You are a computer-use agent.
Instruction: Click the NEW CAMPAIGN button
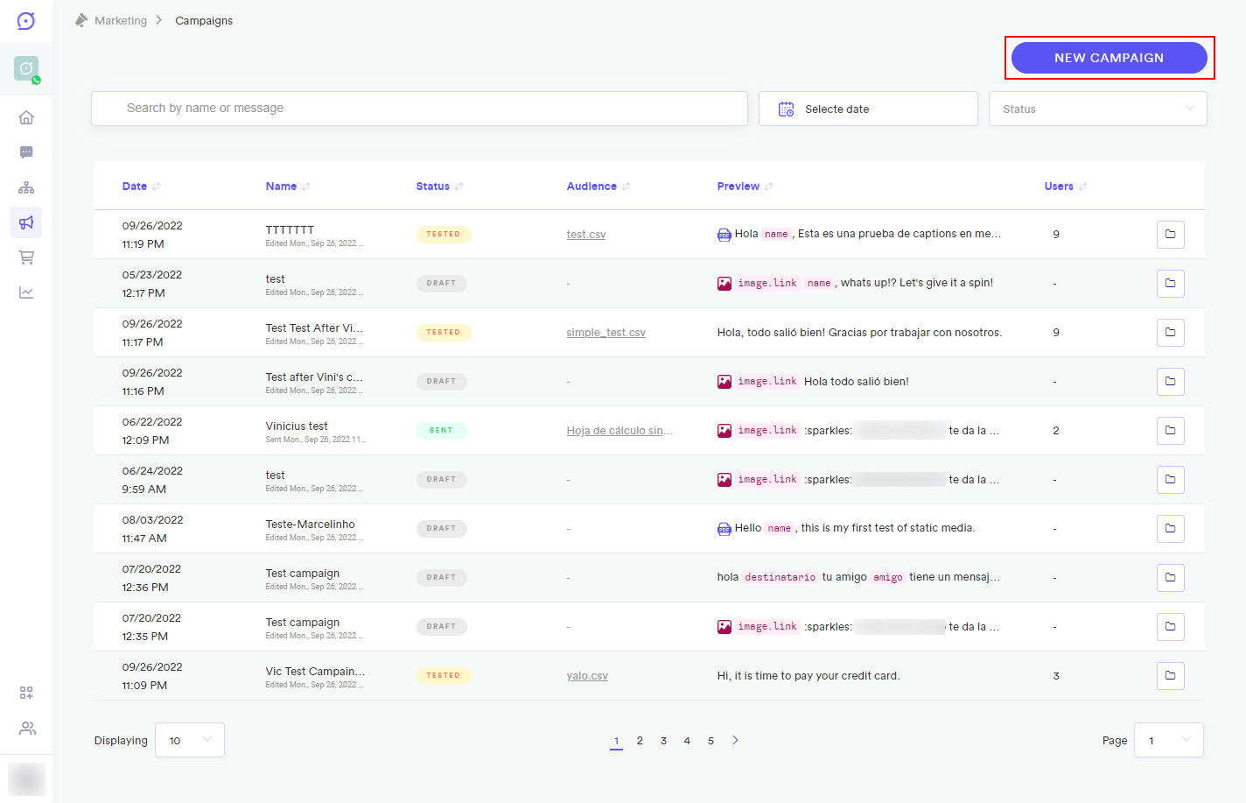(x=1109, y=58)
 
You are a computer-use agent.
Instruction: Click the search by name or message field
(x=419, y=109)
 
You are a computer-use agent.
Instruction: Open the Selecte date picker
(x=867, y=109)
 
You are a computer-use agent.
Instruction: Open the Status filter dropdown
(x=1097, y=109)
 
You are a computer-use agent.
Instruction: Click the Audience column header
(x=591, y=187)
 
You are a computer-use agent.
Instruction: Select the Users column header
(x=1059, y=187)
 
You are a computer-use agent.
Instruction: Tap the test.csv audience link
(x=586, y=235)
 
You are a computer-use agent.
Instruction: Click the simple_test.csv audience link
(x=605, y=333)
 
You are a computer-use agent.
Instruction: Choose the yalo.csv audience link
(x=587, y=676)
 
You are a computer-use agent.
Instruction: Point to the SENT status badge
(x=441, y=431)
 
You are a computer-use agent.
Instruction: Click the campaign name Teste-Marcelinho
(x=311, y=525)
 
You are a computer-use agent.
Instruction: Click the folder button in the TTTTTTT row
(x=1170, y=235)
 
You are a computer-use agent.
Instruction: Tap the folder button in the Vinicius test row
(x=1170, y=431)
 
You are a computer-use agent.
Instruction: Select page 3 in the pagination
(x=663, y=741)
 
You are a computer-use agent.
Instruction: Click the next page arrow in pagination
(x=735, y=740)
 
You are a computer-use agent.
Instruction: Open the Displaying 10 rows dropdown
(x=190, y=740)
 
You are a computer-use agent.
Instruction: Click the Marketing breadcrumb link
(x=121, y=21)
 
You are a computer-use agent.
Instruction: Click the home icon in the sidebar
(x=26, y=117)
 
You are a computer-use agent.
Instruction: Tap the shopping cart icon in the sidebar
(x=26, y=257)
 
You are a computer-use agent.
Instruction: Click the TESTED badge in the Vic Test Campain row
(x=443, y=676)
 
